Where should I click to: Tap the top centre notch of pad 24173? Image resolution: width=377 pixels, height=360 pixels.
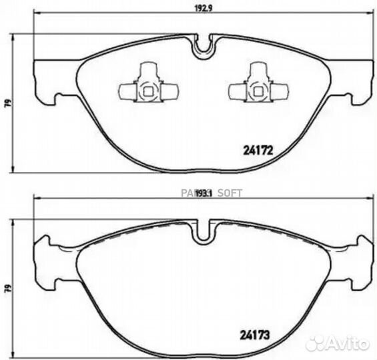[x=204, y=231]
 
